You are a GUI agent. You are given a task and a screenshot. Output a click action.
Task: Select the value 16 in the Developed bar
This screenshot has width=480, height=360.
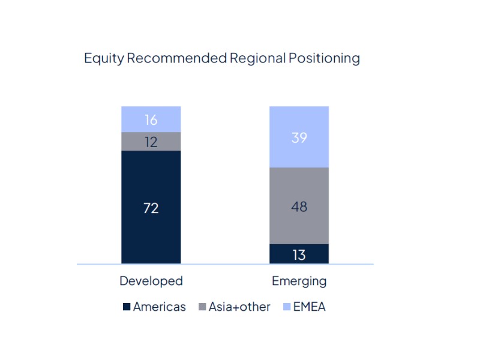(x=151, y=120)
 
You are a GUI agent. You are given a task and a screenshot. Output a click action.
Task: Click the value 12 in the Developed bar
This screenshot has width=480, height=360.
(x=151, y=142)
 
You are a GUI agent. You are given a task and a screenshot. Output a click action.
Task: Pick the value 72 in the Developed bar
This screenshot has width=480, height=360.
(x=151, y=208)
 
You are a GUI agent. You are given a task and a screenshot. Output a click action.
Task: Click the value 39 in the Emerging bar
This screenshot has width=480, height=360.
(x=299, y=137)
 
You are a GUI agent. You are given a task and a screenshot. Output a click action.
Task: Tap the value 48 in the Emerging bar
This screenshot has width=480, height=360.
(x=299, y=206)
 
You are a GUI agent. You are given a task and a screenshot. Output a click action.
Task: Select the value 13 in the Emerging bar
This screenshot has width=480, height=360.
(x=299, y=254)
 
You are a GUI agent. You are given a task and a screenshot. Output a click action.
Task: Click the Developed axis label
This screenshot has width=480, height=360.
(x=151, y=281)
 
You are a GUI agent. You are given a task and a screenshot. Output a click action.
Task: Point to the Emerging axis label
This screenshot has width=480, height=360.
(x=299, y=281)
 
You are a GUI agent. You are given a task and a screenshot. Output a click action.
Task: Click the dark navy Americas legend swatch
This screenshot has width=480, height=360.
(x=127, y=307)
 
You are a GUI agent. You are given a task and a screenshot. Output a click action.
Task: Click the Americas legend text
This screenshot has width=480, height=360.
(x=159, y=307)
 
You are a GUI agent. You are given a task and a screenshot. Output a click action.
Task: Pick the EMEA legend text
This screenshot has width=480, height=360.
(x=310, y=307)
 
